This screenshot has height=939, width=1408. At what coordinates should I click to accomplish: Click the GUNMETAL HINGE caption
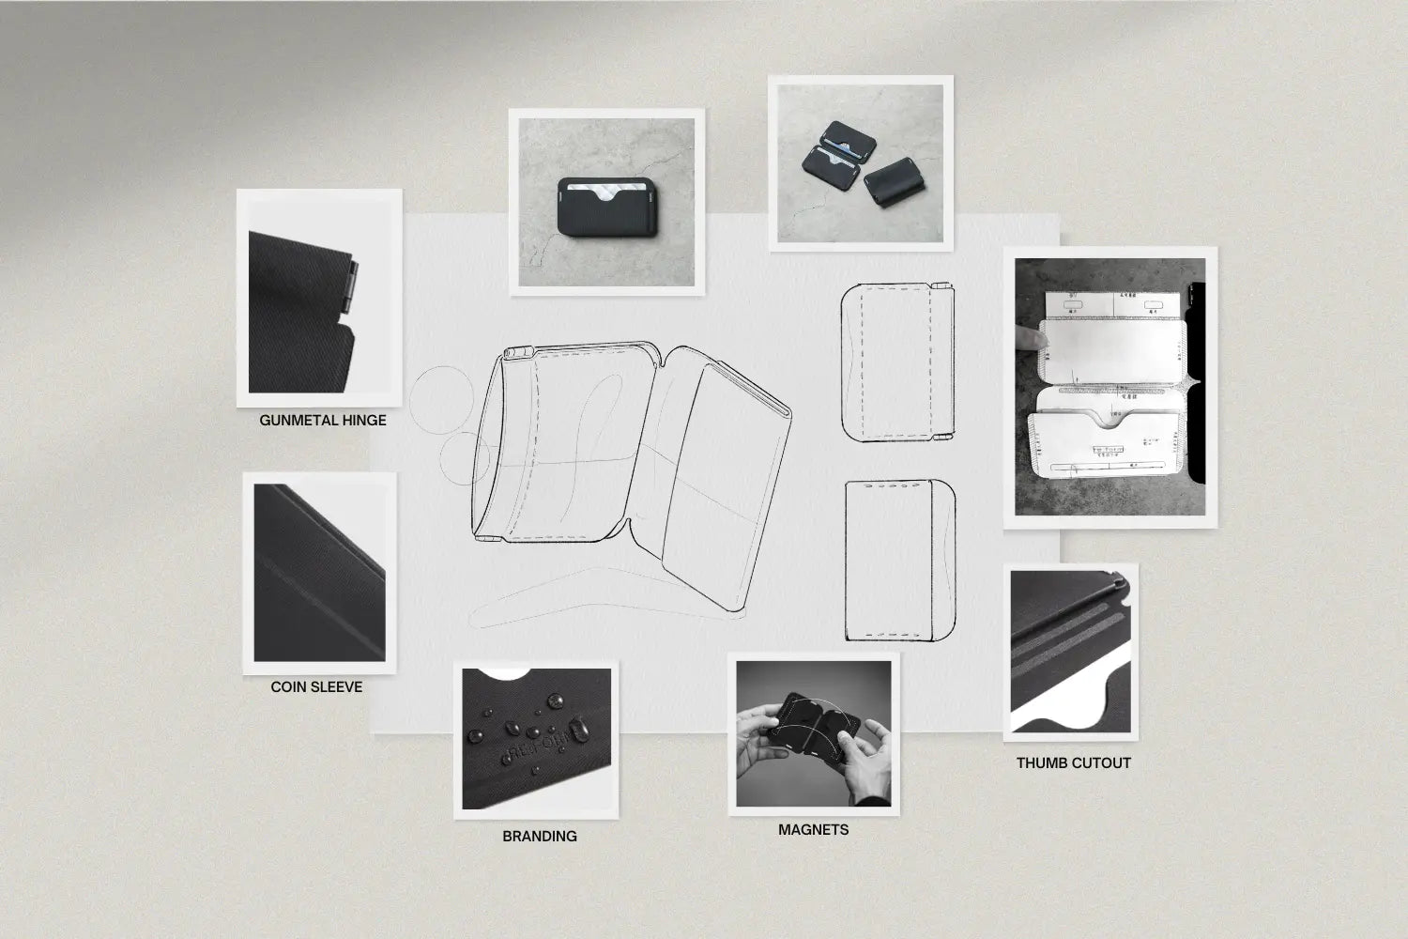point(322,420)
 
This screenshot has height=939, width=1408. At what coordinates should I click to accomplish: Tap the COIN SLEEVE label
point(316,686)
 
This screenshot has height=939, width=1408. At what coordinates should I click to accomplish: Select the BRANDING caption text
point(539,836)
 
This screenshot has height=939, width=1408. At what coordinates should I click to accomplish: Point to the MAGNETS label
point(813,829)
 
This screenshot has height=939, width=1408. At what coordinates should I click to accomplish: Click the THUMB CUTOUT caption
point(1073,762)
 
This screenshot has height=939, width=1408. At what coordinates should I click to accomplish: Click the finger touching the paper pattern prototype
point(1030,338)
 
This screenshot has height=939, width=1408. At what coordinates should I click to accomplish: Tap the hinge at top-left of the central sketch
point(518,353)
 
